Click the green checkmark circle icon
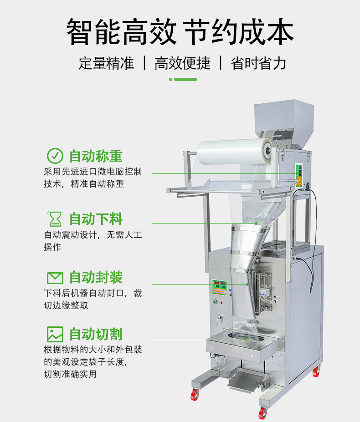(x=55, y=156)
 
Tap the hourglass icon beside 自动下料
(x=55, y=219)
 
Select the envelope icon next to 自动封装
(x=55, y=278)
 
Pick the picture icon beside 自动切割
(x=55, y=334)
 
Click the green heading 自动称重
(x=96, y=156)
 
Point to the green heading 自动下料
(x=96, y=219)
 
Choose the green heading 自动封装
(x=96, y=278)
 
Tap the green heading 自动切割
(x=96, y=334)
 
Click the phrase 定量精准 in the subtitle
(x=107, y=63)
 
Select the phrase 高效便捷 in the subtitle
(x=182, y=63)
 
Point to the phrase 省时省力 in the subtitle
(x=258, y=63)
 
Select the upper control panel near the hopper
(x=299, y=175)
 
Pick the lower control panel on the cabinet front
(x=220, y=287)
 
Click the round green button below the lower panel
(x=215, y=302)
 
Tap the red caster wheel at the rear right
(x=316, y=371)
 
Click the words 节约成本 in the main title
(x=239, y=32)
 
